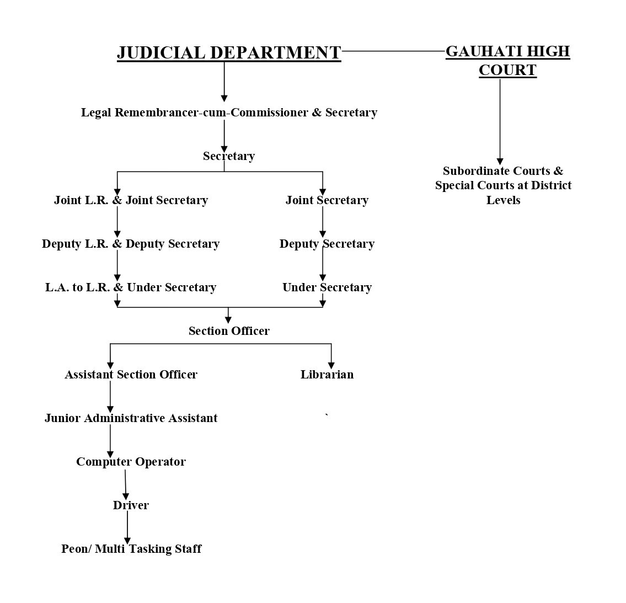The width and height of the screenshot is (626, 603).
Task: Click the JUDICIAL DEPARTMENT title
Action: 229,52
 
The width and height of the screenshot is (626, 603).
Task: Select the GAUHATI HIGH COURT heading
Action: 507,60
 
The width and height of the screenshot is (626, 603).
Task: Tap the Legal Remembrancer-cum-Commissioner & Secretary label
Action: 229,113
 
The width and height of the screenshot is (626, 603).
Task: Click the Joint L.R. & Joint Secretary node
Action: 131,200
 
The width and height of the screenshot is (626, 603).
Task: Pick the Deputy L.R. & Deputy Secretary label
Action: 131,244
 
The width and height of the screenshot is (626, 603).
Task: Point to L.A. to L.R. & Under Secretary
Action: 131,287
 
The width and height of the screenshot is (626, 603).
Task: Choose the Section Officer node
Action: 229,331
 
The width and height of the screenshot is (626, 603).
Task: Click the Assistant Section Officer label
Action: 131,375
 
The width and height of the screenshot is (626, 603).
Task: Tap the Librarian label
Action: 327,375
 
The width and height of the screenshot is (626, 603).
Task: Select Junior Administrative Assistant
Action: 131,418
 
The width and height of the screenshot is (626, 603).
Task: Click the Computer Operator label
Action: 131,462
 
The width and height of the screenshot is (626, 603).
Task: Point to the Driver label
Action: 131,505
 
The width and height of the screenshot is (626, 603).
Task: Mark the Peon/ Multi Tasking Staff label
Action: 131,549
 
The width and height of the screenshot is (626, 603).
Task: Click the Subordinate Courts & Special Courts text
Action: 503,178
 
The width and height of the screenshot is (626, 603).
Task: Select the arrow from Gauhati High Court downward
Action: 500,121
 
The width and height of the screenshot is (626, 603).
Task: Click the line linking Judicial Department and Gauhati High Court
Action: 393,51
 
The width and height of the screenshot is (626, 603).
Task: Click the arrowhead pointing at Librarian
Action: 331,365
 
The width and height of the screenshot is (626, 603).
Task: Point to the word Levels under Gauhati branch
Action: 503,200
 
